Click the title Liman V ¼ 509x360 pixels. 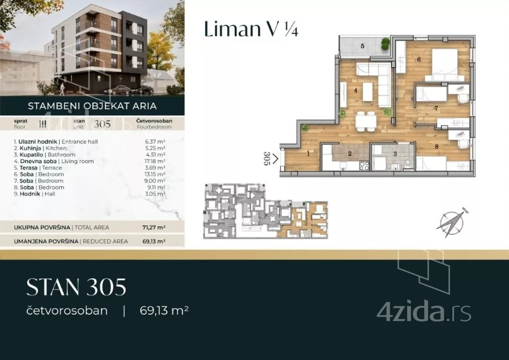click(251, 29)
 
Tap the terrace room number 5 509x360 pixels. click(362, 46)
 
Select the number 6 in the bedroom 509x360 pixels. click(419, 60)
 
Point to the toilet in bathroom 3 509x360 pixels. click(408, 163)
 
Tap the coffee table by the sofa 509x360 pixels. click(368, 92)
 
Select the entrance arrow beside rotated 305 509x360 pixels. click(275, 159)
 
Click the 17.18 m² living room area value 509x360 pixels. click(155, 161)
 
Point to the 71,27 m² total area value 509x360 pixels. click(154, 228)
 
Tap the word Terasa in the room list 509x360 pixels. click(29, 168)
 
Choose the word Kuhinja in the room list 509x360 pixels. click(31, 148)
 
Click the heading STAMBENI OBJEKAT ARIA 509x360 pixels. click(92, 106)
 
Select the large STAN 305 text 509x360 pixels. click(76, 287)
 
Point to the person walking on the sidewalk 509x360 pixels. click(62, 89)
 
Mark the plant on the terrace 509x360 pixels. click(385, 44)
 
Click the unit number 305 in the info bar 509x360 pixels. click(102, 124)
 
